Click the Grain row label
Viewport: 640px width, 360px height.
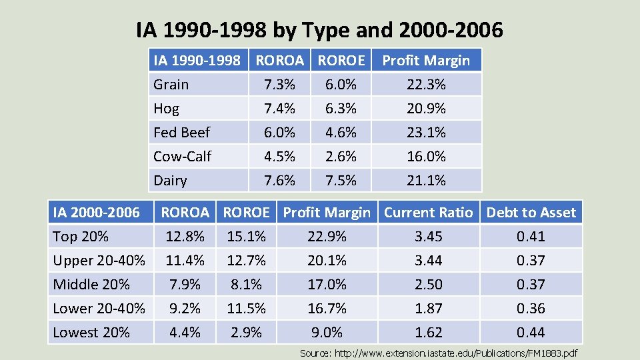click(x=171, y=85)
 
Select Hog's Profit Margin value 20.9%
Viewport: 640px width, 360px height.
click(x=426, y=109)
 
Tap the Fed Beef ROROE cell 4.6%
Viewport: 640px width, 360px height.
click(x=341, y=133)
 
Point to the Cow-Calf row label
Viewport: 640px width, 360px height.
click(x=182, y=157)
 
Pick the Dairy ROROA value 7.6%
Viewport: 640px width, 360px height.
click(x=279, y=181)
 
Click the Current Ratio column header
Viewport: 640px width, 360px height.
click(x=428, y=213)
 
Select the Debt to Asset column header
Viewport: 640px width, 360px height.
click(x=531, y=213)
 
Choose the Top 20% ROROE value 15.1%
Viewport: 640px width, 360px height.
click(x=246, y=237)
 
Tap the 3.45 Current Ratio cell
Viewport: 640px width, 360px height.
click(x=428, y=237)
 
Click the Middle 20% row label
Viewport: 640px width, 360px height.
click(x=91, y=285)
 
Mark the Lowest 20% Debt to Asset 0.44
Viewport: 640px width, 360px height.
click(x=531, y=333)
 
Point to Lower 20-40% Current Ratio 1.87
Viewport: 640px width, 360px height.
click(x=428, y=309)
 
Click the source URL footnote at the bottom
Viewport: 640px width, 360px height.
click(x=439, y=353)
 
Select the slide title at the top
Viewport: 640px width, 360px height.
click(x=319, y=30)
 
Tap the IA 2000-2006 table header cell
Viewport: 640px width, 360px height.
click(x=96, y=213)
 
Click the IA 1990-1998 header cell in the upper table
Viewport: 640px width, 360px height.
click(x=197, y=61)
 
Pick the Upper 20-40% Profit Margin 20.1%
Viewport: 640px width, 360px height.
click(x=327, y=261)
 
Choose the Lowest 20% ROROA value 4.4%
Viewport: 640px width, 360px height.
click(x=185, y=333)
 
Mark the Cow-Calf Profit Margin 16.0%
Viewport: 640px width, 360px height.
click(x=426, y=157)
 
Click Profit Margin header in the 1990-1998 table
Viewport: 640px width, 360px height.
click(x=426, y=61)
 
